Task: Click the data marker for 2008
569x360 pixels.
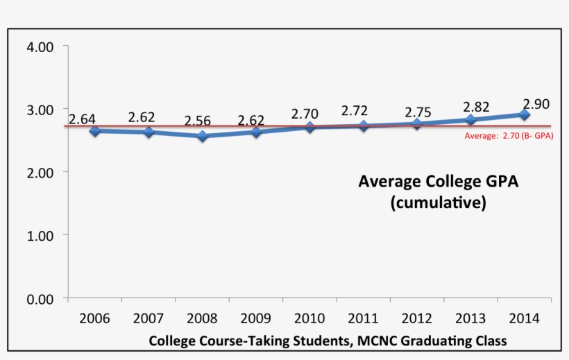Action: tap(202, 137)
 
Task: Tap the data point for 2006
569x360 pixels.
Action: tap(94, 130)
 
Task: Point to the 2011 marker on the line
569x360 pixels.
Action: tap(364, 126)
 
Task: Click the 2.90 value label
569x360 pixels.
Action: tap(536, 104)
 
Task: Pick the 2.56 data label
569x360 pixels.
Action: tap(198, 121)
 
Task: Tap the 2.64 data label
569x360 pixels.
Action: tap(83, 119)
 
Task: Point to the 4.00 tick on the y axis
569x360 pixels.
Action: tap(39, 47)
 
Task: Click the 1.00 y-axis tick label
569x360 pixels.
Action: tap(39, 236)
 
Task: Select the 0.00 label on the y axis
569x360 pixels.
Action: tap(39, 299)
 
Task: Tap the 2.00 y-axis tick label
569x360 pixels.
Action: tap(39, 172)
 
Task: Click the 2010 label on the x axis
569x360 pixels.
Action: tap(309, 318)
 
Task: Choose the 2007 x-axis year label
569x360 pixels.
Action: tap(148, 318)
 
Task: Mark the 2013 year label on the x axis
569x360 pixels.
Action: tap(471, 318)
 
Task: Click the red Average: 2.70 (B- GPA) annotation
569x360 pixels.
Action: tap(509, 136)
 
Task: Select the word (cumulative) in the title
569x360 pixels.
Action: tap(437, 204)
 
